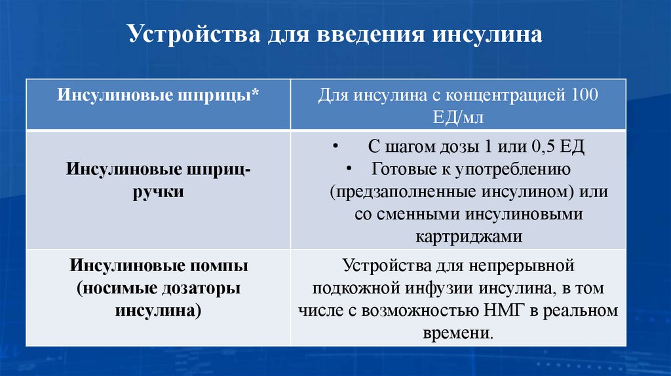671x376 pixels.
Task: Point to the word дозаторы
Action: (193, 288)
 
